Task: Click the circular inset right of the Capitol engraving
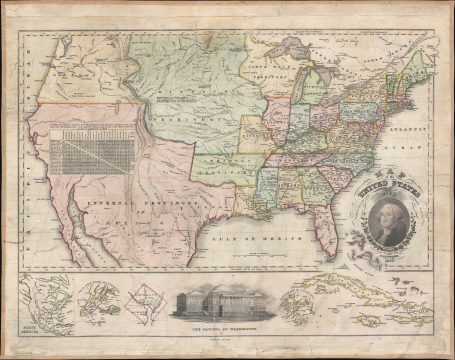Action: click(x=305, y=302)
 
